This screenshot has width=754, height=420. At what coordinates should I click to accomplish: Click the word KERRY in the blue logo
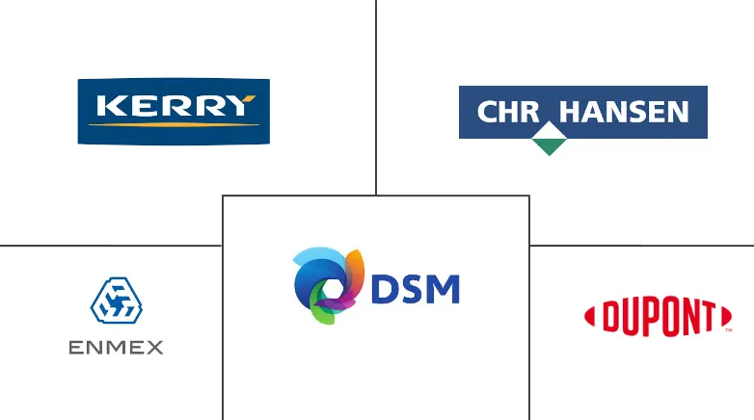[176, 105]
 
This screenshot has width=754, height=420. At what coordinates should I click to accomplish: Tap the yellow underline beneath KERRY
[175, 125]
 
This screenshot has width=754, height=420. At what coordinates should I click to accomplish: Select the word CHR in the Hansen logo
[508, 112]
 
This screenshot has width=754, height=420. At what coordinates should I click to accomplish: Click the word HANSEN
[624, 112]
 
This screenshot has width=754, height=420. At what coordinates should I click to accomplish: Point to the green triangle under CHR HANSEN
[550, 146]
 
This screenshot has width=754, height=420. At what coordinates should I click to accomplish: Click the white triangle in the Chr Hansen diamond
[550, 130]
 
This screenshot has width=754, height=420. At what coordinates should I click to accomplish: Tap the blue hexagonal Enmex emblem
[117, 301]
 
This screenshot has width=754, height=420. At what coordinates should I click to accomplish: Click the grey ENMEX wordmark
[116, 347]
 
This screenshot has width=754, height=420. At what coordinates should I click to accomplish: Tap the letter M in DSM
[443, 289]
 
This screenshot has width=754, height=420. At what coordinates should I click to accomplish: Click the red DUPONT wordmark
[659, 317]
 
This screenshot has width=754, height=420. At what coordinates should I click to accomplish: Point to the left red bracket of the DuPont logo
[589, 317]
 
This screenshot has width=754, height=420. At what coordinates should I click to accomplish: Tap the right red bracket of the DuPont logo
[727, 317]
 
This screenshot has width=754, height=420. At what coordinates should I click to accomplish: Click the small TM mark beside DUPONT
[729, 330]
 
